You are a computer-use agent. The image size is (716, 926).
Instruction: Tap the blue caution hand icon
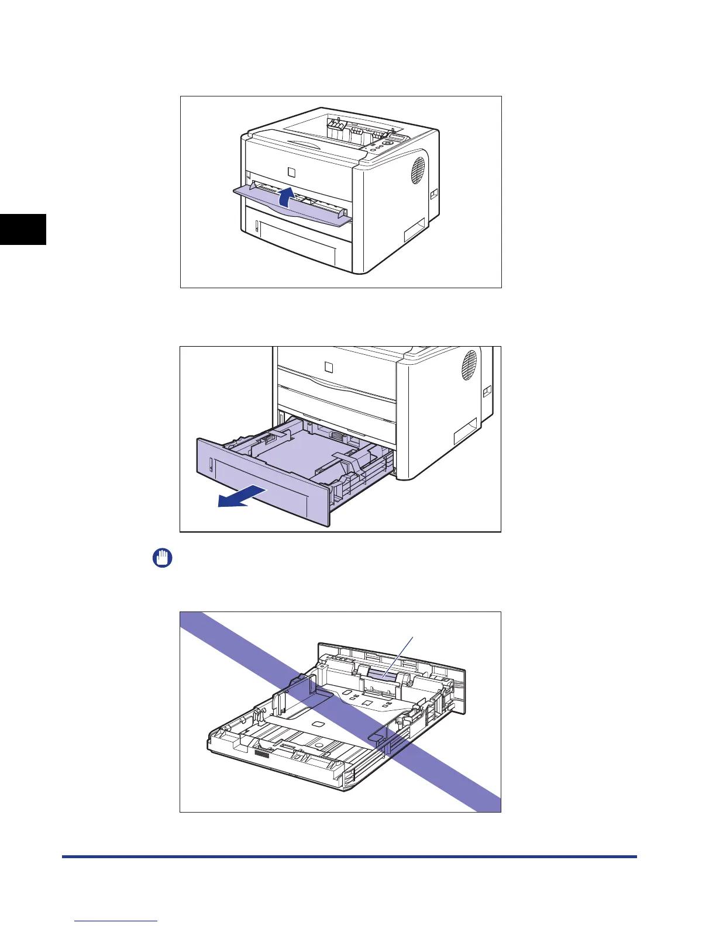pyautogui.click(x=163, y=558)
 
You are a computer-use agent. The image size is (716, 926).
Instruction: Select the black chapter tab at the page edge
pyautogui.click(x=23, y=229)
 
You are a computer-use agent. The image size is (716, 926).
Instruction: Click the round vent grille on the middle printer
pyautogui.click(x=470, y=365)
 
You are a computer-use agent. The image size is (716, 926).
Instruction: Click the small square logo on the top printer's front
pyautogui.click(x=292, y=172)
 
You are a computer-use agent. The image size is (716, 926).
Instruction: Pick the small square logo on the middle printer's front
pyautogui.click(x=329, y=367)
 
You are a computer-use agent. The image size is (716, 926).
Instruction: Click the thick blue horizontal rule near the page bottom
pyautogui.click(x=349, y=857)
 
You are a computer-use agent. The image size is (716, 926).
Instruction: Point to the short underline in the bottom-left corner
pyautogui.click(x=116, y=921)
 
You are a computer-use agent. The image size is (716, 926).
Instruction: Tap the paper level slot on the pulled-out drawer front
pyautogui.click(x=209, y=465)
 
